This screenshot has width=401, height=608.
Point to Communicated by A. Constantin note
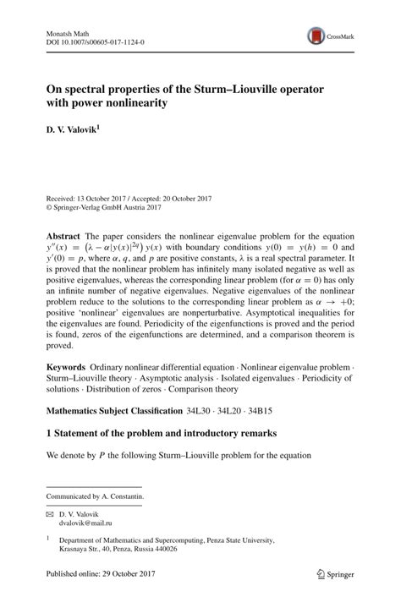click(x=94, y=496)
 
